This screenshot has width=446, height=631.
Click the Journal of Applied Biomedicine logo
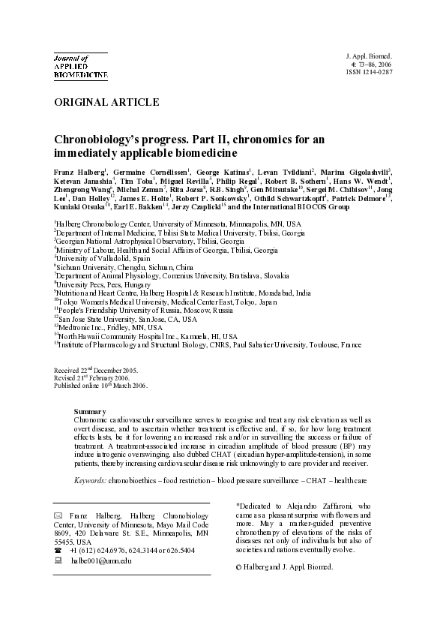click(80, 66)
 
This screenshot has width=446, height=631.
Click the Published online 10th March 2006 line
click(100, 386)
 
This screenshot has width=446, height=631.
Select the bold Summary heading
click(90, 412)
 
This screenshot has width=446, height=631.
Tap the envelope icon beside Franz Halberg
click(58, 516)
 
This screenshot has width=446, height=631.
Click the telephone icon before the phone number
click(58, 550)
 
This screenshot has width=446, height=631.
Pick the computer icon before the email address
click(58, 560)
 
